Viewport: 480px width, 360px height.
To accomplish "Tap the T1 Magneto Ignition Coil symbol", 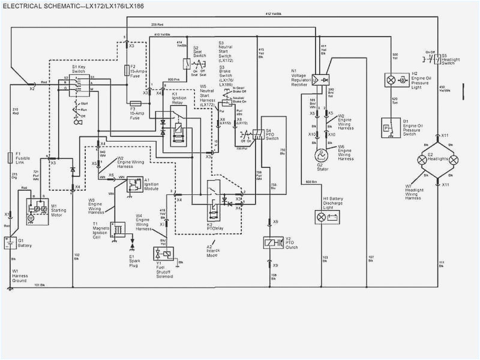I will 119,229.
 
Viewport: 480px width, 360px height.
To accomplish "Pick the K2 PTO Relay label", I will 215,227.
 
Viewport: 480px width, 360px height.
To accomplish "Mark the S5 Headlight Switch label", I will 451,60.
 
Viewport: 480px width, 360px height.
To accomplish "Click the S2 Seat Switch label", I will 199,50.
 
